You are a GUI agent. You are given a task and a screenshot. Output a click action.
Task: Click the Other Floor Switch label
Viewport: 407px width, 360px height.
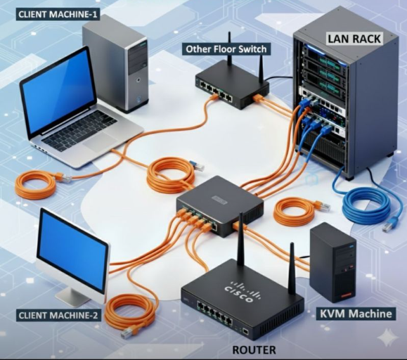coord(226,49)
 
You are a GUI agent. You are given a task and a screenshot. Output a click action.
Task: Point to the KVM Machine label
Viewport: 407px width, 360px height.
coord(356,313)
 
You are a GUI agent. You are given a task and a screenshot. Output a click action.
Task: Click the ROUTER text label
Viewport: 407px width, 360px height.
coord(254,349)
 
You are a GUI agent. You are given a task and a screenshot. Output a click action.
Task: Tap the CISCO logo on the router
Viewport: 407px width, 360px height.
coord(243,288)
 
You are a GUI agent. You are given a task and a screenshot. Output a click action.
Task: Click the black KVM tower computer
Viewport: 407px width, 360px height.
coord(332,261)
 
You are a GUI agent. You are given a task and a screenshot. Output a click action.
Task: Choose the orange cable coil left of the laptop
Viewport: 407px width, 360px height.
coord(35,184)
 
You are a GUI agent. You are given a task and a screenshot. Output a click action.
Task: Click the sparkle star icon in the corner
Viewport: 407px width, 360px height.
coord(387,339)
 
